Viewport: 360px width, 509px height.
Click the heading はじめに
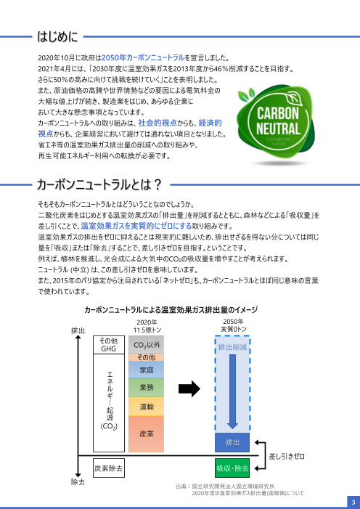click(62, 34)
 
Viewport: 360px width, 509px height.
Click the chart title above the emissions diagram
click(171, 309)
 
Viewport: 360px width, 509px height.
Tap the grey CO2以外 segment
click(146, 345)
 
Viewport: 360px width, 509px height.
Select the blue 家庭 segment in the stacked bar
click(146, 370)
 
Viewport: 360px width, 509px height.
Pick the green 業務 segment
click(146, 388)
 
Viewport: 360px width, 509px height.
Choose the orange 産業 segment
click(146, 433)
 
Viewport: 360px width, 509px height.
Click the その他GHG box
click(108, 345)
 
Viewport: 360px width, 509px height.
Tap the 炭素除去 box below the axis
click(108, 468)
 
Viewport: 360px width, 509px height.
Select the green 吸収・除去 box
click(232, 468)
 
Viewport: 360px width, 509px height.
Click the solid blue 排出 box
click(232, 441)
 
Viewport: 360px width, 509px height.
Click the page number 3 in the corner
click(351, 501)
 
